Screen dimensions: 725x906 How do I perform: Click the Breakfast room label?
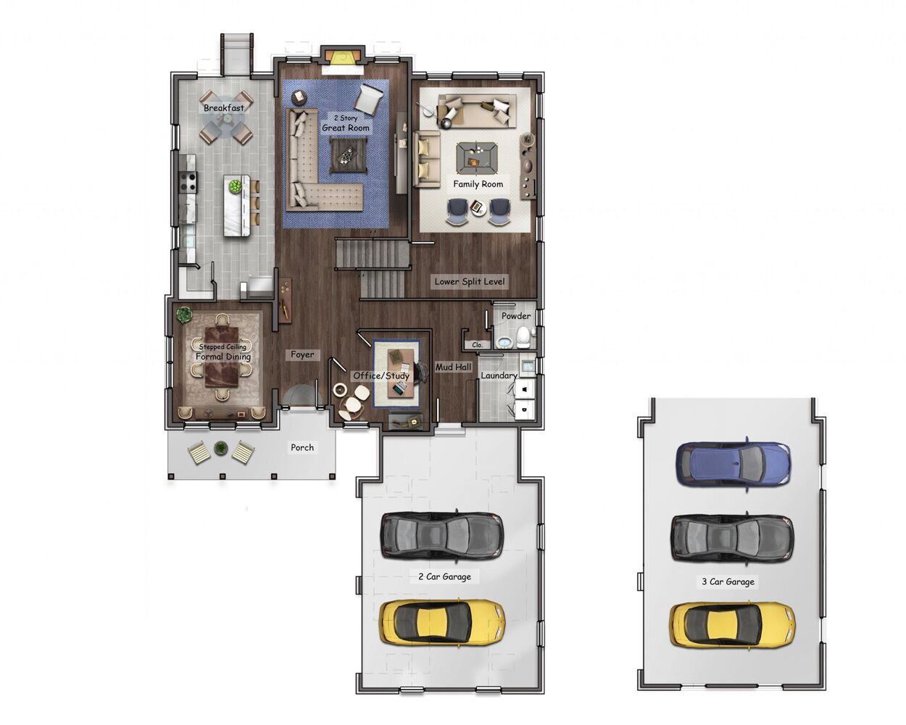[223, 108]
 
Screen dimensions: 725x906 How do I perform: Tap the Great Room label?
[346, 128]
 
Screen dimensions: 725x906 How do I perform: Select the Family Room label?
[478, 184]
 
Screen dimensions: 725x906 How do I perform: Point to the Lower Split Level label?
[470, 281]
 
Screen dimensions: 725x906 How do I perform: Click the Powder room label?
[515, 316]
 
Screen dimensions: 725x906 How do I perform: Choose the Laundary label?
[499, 376]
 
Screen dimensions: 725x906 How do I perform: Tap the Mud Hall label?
[453, 368]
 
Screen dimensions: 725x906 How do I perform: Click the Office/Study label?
[381, 376]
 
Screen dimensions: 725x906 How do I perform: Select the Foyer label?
[302, 355]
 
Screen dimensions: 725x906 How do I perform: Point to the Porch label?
[302, 447]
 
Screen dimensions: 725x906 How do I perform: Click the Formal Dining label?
[223, 357]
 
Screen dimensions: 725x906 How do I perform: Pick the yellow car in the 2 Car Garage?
[442, 622]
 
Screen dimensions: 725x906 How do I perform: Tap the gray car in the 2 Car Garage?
[441, 536]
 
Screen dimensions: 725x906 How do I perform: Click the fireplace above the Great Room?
[342, 59]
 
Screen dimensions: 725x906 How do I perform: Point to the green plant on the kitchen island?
[235, 186]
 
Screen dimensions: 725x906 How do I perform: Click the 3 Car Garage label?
[728, 581]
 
